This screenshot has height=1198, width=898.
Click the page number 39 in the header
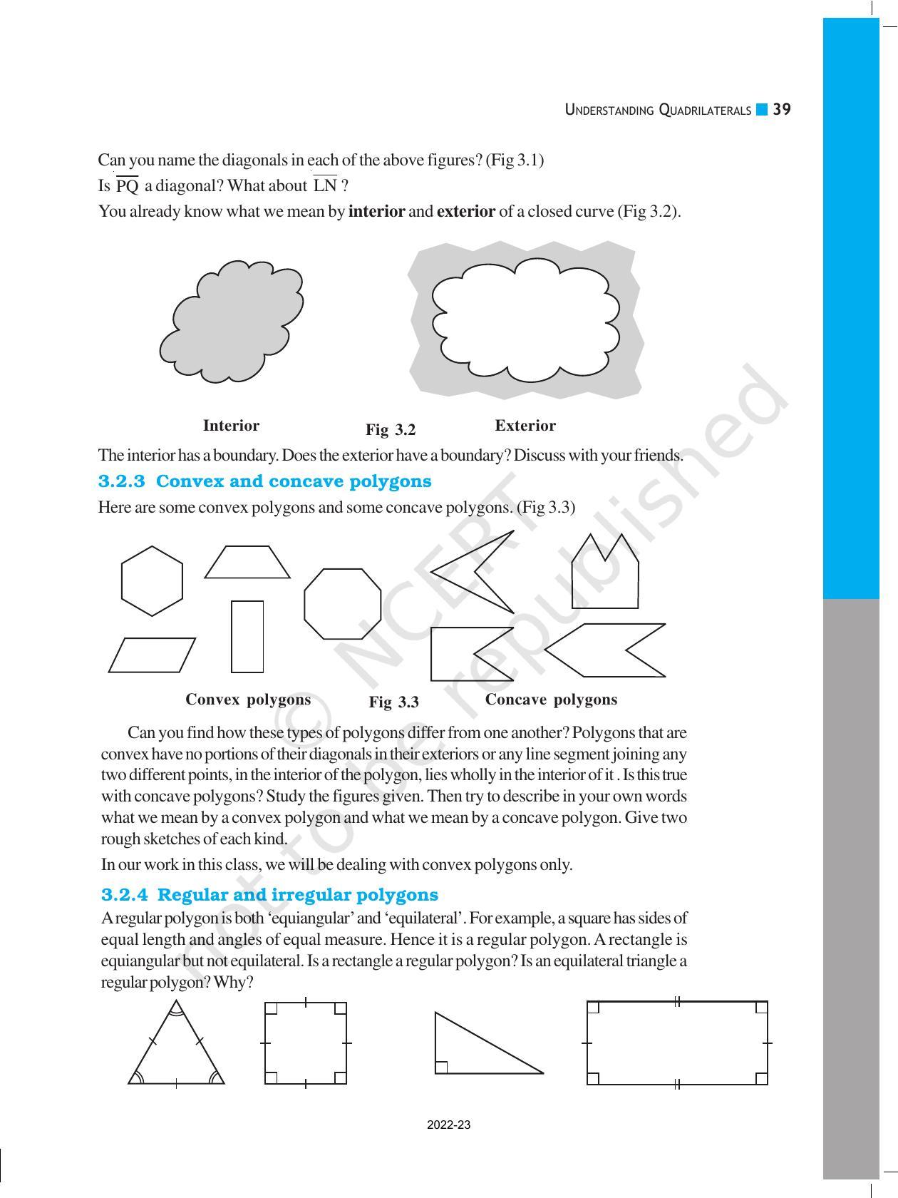(782, 110)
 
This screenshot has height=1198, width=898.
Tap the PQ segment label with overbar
(127, 186)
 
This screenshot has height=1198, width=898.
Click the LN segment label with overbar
(325, 185)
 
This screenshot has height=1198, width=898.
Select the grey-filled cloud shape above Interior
(232, 321)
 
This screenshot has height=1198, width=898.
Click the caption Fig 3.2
(390, 430)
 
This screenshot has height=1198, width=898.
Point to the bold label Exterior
(525, 426)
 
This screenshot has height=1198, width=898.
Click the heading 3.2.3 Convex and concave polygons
(264, 481)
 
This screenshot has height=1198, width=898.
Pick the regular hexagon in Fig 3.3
(152, 581)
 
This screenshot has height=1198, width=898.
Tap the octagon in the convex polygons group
(342, 603)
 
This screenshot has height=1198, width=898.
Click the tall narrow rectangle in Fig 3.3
(247, 636)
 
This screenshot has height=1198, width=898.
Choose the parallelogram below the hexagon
(152, 655)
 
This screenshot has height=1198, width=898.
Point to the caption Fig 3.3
(393, 702)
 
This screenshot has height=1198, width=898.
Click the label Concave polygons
(551, 700)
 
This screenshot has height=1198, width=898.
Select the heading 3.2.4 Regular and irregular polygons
(269, 895)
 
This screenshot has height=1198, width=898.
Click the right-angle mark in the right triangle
(441, 1067)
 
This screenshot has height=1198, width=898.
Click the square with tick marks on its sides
(305, 1043)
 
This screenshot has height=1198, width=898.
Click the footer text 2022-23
(448, 1125)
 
